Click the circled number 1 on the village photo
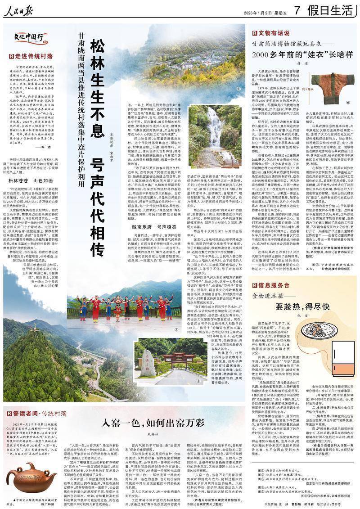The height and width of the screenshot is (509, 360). tap(238, 89)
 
